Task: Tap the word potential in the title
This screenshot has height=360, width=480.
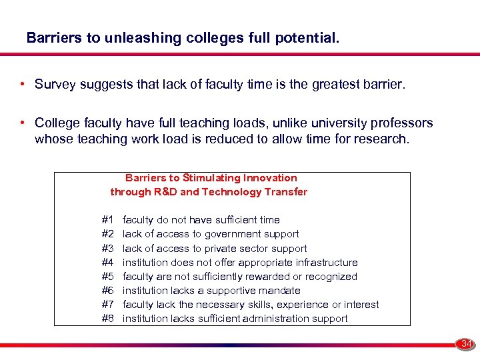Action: [310, 38]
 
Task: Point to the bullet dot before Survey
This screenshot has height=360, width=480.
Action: [23, 85]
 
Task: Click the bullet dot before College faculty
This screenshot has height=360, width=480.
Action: [23, 123]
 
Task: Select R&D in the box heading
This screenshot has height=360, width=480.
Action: [166, 192]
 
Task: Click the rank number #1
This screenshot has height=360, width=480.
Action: [108, 220]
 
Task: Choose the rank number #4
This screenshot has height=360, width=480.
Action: [108, 263]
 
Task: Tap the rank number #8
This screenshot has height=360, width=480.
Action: [108, 319]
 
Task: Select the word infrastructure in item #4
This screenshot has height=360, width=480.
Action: [326, 263]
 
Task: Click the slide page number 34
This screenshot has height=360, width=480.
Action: [467, 344]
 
